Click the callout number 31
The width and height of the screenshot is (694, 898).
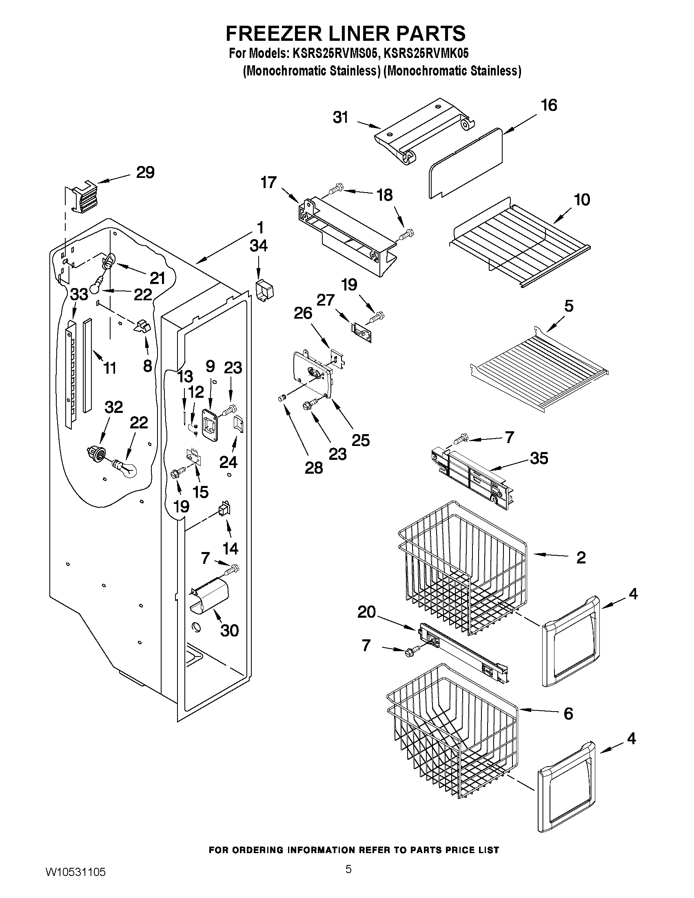click(x=340, y=118)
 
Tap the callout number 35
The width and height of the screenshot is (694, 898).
click(x=539, y=458)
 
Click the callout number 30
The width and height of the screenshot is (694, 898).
click(x=229, y=630)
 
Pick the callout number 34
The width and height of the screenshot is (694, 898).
click(x=259, y=246)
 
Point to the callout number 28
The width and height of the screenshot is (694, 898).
click(x=314, y=468)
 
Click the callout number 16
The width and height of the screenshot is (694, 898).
click(x=549, y=105)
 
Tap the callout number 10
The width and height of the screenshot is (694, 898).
click(x=582, y=200)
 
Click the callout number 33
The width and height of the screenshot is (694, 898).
click(x=79, y=295)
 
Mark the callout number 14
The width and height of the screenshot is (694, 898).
click(x=230, y=548)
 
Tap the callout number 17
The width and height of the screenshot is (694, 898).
click(x=268, y=182)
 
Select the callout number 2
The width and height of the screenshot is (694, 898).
click(x=581, y=558)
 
